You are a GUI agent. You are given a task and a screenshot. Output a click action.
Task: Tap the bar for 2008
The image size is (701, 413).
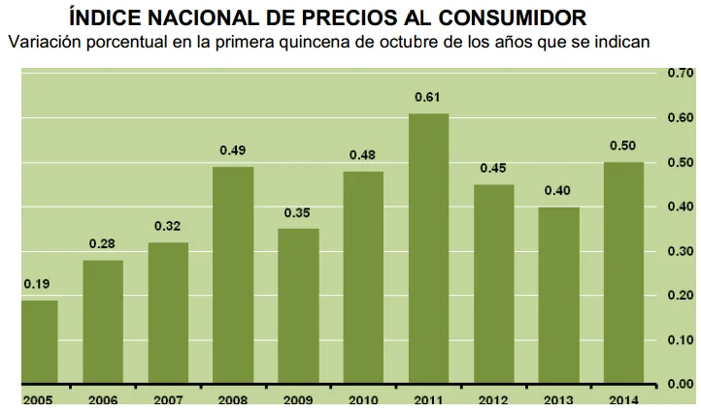pos(233,275)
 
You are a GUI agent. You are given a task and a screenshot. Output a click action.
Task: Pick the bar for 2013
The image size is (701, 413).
pos(558,296)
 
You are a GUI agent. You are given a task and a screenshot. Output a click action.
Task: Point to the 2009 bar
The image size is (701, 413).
pos(298,306)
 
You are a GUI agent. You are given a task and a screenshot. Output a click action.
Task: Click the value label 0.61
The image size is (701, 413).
pos(428,98)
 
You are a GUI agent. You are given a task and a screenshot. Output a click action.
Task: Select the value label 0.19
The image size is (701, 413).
pos(38,284)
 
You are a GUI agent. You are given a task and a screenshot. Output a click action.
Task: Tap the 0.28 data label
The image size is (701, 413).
pos(103,244)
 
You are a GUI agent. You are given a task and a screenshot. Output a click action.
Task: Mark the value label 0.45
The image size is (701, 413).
pos(493,169)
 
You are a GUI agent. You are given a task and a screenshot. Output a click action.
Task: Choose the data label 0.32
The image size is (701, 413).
pos(168,226)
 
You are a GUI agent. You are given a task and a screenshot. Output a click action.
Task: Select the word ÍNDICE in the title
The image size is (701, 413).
pos(108,16)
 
